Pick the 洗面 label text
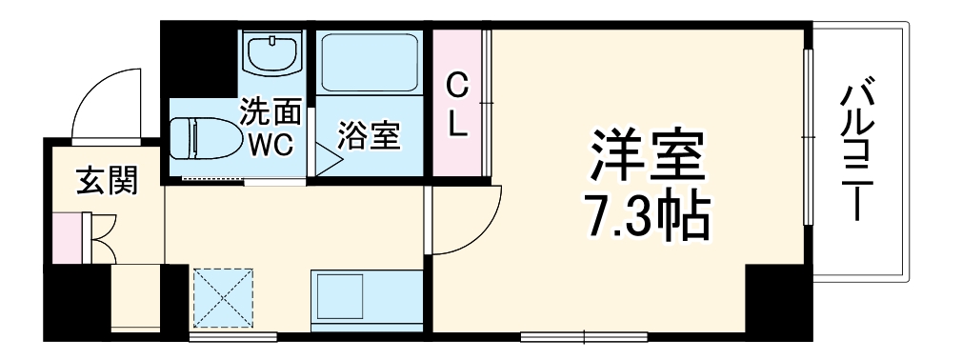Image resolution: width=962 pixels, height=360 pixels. tap(270, 113)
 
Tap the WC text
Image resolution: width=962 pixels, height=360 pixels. tap(270, 146)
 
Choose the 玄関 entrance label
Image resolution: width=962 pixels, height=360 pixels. tap(105, 179)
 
